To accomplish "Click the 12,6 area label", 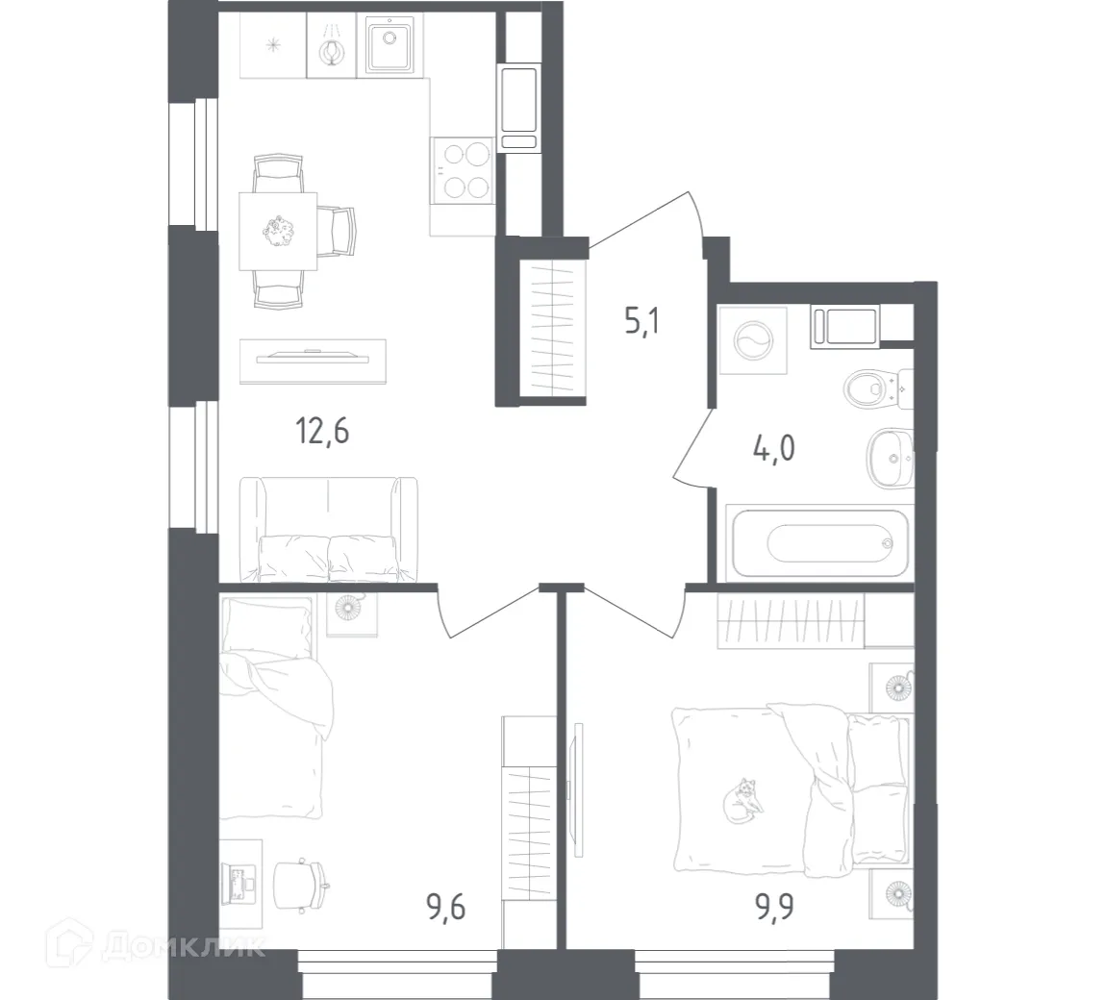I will pyautogui.click(x=322, y=431).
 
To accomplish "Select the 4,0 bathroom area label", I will pyautogui.click(x=775, y=449).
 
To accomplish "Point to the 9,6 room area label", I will pyautogui.click(x=444, y=906).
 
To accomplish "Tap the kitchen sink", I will pyautogui.click(x=390, y=43).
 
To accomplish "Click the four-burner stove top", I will pyautogui.click(x=462, y=170).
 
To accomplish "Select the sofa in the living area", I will pyautogui.click(x=328, y=531).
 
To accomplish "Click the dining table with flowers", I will pyautogui.click(x=278, y=231).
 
